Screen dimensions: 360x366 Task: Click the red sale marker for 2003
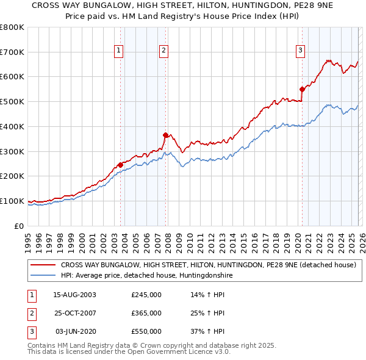(120, 164)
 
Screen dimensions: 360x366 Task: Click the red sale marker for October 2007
(165, 135)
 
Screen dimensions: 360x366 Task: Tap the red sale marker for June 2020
(302, 89)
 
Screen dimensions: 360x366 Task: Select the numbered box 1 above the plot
(118, 51)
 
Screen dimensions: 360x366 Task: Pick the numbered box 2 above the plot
(164, 51)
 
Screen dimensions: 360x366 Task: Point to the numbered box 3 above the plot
(301, 51)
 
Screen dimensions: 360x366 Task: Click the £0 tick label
(18, 226)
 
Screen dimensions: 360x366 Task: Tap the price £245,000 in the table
(146, 295)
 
